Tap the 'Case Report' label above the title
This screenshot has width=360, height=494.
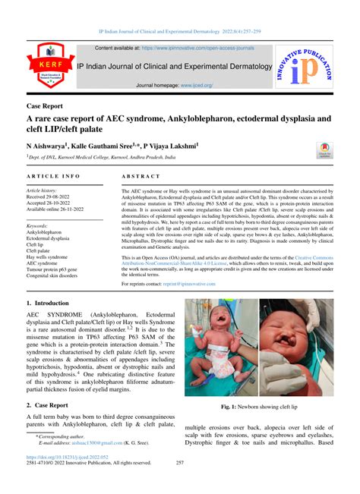(x=45, y=106)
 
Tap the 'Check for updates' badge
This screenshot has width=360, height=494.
(x=325, y=150)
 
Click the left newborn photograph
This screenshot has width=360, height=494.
(x=220, y=348)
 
